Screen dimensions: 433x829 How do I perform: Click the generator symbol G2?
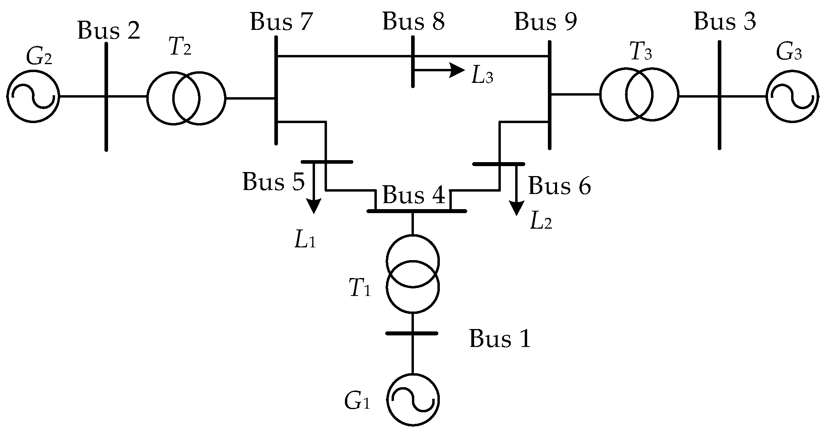[x=33, y=96]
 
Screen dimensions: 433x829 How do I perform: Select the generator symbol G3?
[x=792, y=96]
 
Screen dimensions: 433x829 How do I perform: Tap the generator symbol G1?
[x=413, y=400]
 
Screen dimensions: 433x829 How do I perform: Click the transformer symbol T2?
[x=186, y=98]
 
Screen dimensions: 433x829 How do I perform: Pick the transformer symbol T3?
[x=639, y=95]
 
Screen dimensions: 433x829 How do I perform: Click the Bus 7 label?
[x=280, y=22]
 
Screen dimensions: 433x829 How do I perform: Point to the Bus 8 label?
[x=414, y=22]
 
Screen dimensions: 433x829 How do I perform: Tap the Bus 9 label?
[x=545, y=22]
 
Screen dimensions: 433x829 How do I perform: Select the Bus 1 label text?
[x=500, y=339]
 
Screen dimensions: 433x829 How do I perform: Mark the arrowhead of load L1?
[x=314, y=207]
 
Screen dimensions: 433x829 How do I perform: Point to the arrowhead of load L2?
[x=517, y=208]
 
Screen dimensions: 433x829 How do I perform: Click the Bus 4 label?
[x=413, y=196]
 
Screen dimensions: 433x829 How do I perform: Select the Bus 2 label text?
[x=109, y=31]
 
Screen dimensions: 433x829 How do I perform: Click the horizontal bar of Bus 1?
[x=412, y=333]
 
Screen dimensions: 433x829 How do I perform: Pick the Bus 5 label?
[x=274, y=182]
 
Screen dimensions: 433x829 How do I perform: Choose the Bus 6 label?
[x=559, y=186]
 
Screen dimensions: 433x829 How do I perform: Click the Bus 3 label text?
[x=725, y=22]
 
